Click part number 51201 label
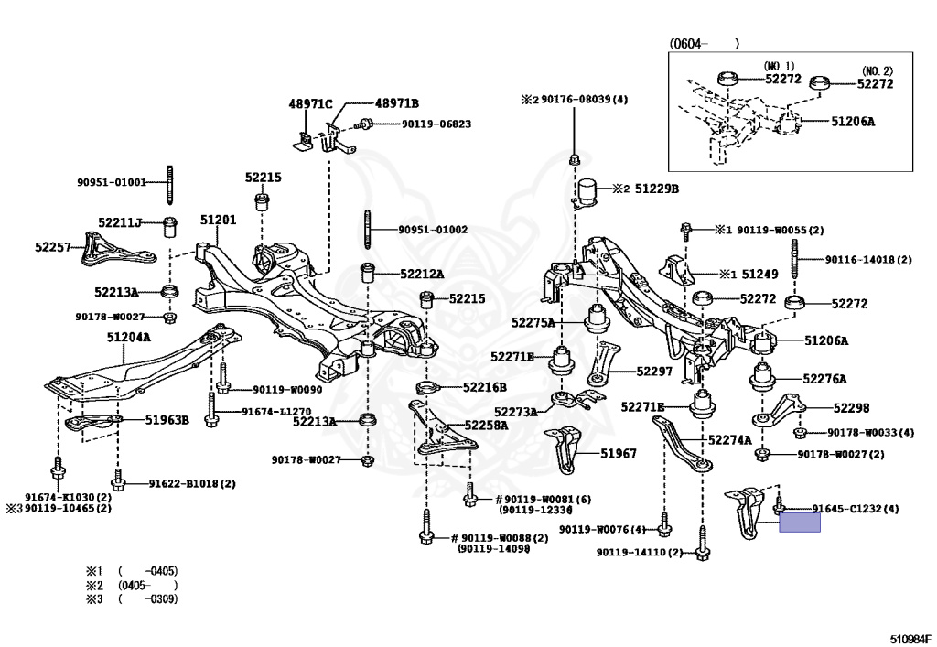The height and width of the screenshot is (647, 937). [218, 220]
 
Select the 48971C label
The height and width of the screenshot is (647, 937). [310, 104]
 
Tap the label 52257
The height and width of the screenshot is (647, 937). [52, 247]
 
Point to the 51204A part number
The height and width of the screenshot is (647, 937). [128, 338]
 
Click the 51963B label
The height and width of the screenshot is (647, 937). [167, 420]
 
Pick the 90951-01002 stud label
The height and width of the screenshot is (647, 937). [433, 230]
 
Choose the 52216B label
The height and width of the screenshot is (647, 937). [485, 388]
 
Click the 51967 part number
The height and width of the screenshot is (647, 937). [619, 453]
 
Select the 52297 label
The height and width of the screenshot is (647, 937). [654, 372]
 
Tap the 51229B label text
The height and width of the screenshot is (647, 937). [657, 189]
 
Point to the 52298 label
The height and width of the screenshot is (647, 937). [852, 408]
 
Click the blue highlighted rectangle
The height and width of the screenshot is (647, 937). [800, 523]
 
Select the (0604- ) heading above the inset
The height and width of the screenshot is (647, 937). [704, 44]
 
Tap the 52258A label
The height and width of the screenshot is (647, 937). [486, 426]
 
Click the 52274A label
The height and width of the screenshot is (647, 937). [729, 440]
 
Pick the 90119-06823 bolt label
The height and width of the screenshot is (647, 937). [436, 124]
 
